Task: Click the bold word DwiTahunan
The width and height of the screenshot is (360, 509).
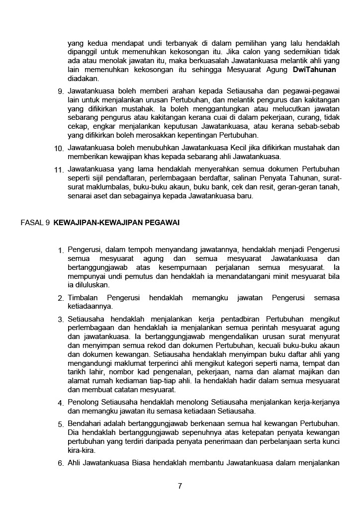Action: tap(314, 70)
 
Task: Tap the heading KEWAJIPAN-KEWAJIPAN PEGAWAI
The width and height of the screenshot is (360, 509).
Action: tap(116, 223)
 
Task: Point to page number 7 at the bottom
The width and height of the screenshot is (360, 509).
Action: tap(180, 486)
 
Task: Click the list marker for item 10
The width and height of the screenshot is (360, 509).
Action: tap(59, 149)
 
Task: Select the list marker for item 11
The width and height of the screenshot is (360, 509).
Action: tap(59, 170)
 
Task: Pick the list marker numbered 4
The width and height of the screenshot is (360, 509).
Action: tap(60, 403)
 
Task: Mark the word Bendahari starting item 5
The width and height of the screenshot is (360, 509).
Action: tap(85, 424)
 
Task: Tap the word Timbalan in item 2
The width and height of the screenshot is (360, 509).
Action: tap(83, 298)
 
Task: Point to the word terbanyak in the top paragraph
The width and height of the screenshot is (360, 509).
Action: tap(180, 43)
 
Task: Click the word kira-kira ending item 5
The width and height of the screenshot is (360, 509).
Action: tap(82, 450)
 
